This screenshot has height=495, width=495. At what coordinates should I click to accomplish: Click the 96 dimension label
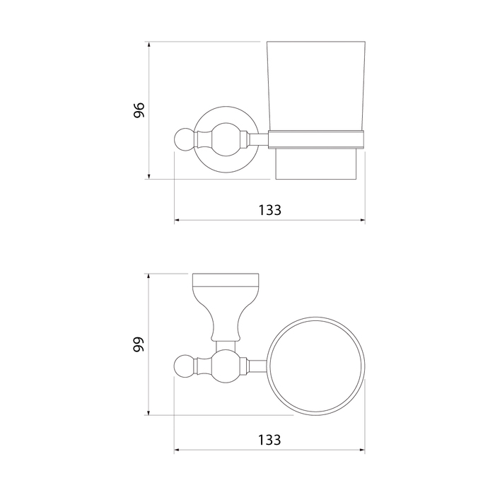point(139,110)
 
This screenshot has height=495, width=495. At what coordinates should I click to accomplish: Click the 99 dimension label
point(139,344)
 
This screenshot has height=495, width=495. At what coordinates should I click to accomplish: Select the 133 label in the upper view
point(270,210)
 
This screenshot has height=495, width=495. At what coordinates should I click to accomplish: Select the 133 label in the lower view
point(269,440)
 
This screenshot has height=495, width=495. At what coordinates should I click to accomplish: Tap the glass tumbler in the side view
point(316,86)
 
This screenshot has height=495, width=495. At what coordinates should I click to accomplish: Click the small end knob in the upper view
point(184,139)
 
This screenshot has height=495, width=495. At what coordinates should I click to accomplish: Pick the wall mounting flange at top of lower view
point(226,280)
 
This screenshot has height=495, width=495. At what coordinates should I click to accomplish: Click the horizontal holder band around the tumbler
point(316,139)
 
